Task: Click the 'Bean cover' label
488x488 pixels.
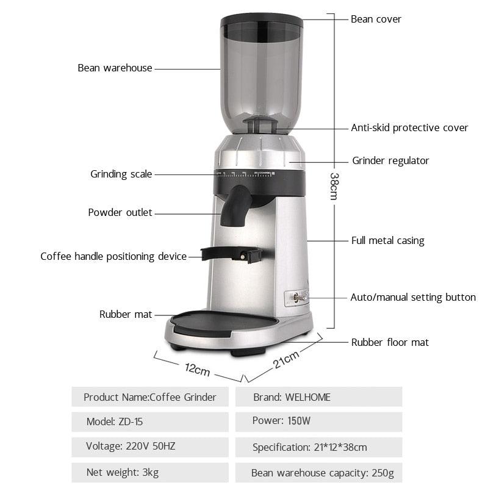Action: (376, 19)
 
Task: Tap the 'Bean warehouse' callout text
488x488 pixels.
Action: (115, 68)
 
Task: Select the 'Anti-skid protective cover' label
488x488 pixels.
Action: (409, 127)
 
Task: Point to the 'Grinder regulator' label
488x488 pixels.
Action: (390, 161)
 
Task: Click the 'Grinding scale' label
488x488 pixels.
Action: (121, 174)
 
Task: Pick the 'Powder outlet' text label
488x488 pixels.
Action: (120, 213)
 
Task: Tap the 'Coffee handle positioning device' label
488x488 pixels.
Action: (113, 256)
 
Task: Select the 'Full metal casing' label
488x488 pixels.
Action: (387, 240)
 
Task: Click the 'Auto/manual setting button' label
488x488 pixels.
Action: (412, 298)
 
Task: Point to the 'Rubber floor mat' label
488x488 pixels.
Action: (390, 342)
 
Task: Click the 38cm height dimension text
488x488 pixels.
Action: (334, 185)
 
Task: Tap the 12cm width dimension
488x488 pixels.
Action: (196, 369)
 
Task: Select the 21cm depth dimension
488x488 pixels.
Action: (285, 359)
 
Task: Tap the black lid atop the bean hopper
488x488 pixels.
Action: (262, 21)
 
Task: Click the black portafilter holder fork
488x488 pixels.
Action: (232, 253)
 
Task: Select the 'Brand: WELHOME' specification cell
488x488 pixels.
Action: (318, 397)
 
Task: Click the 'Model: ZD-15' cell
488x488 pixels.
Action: (149, 422)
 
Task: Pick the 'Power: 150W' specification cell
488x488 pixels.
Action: (318, 422)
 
